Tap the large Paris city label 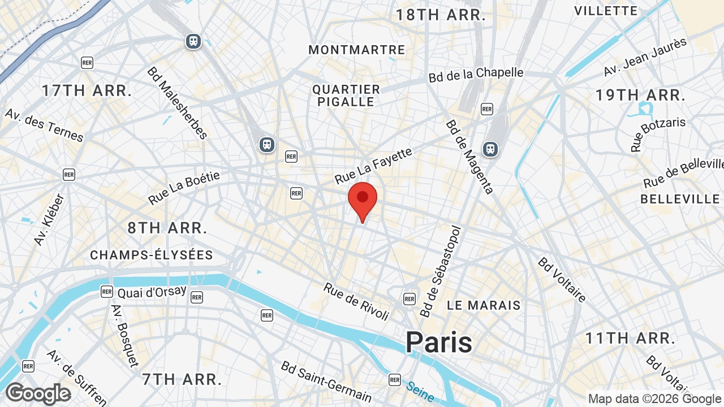click(438, 342)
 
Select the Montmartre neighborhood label click(356, 50)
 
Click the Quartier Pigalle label click(346, 96)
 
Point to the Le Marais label click(484, 305)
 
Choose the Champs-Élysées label click(152, 255)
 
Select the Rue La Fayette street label click(373, 166)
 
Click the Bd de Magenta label click(469, 157)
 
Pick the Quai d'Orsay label click(152, 292)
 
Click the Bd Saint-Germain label click(326, 382)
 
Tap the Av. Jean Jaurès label click(645, 57)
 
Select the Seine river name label click(419, 390)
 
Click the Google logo click(38, 393)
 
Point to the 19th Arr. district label click(640, 95)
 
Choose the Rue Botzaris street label click(658, 133)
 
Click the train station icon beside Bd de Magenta click(490, 149)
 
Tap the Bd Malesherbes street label click(177, 102)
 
